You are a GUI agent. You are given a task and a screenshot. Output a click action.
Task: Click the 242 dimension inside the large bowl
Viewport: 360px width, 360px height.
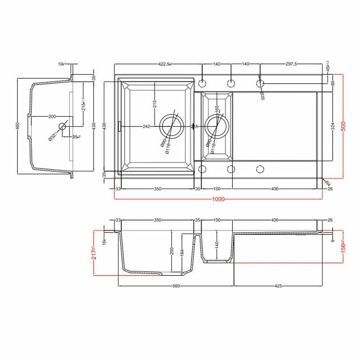pyautogui.click(x=146, y=127)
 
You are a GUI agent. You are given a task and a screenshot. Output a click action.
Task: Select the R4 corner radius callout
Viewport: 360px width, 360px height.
pyautogui.click(x=328, y=184)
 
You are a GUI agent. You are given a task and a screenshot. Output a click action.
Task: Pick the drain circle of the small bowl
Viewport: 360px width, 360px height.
pyautogui.click(x=216, y=126)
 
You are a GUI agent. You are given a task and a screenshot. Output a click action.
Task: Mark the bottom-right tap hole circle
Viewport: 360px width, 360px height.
pyautogui.click(x=260, y=169)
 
